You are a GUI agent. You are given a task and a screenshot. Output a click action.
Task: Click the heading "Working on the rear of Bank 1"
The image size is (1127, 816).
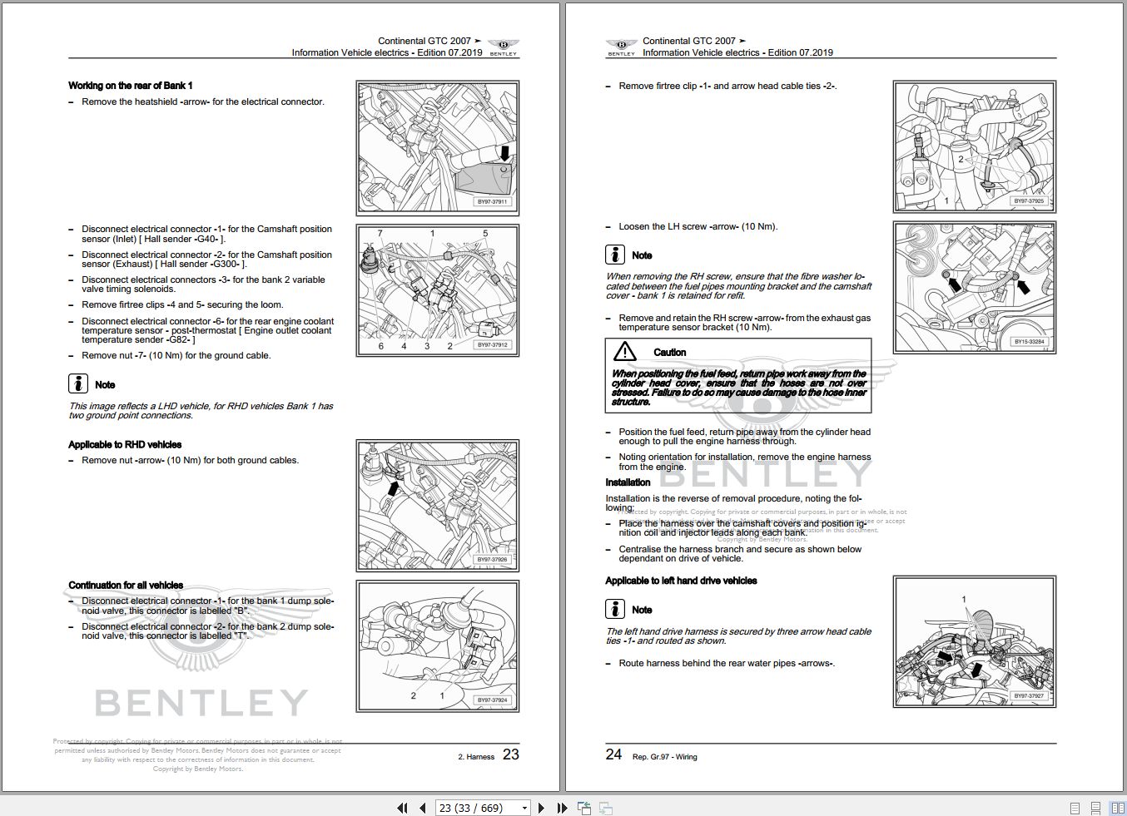(130, 86)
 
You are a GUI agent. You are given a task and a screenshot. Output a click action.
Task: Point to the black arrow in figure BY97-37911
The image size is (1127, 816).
(504, 152)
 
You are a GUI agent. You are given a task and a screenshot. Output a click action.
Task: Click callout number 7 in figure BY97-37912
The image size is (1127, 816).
(380, 234)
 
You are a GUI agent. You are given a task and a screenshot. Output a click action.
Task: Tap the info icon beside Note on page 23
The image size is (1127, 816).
(78, 383)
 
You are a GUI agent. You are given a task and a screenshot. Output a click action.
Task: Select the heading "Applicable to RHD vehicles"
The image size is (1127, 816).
(125, 445)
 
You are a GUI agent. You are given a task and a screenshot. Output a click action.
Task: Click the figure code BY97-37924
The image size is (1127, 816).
(492, 700)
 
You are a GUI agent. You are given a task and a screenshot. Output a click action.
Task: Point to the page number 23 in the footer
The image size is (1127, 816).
(510, 754)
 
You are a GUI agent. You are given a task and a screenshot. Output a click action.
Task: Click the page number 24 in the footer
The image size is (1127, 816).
(613, 754)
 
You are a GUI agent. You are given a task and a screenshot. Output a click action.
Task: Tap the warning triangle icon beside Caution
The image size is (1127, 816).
(624, 351)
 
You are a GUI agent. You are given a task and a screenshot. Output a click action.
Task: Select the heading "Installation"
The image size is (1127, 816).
(628, 482)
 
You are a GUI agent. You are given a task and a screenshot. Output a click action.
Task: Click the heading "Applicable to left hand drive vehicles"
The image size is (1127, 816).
(681, 581)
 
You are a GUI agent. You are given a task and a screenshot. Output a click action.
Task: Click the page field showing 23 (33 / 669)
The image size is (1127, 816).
(484, 808)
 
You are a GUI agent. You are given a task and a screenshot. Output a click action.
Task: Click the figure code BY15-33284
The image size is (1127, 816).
(1029, 342)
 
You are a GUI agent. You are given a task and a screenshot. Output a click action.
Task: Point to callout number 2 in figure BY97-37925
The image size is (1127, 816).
(961, 159)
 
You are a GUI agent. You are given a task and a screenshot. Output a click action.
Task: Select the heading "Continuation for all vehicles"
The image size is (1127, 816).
(126, 586)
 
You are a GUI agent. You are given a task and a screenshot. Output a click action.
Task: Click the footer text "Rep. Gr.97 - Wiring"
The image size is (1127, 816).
(664, 757)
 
